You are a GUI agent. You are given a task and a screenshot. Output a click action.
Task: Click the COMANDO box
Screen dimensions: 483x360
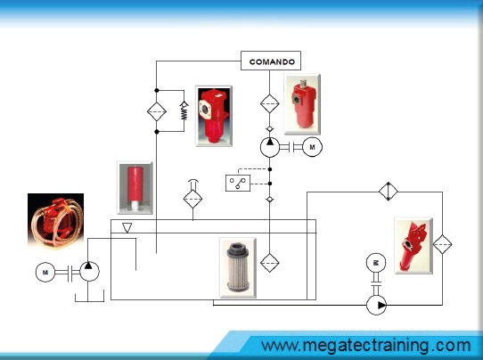(270, 61)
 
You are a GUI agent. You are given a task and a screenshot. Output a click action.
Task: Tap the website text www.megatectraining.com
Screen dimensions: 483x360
(366, 346)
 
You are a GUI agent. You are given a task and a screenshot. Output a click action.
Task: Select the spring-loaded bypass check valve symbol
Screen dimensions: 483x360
(184, 111)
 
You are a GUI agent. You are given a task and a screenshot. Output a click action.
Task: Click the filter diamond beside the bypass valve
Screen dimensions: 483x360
(157, 111)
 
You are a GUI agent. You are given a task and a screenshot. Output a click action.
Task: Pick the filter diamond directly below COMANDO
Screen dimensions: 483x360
(270, 103)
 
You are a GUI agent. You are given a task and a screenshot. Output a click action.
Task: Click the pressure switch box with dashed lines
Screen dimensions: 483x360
(238, 183)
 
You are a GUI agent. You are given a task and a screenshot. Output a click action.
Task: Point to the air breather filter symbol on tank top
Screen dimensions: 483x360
(192, 196)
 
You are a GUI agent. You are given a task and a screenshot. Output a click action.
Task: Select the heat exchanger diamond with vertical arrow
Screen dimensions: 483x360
(389, 192)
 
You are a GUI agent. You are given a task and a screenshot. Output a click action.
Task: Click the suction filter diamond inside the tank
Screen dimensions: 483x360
(269, 263)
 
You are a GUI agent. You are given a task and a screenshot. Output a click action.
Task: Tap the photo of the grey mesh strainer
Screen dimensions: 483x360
(238, 267)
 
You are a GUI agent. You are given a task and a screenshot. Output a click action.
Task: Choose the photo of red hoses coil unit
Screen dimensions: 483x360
(56, 220)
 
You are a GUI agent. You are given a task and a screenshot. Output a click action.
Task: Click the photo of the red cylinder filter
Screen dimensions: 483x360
(135, 187)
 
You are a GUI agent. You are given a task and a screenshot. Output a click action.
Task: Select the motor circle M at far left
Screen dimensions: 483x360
(45, 272)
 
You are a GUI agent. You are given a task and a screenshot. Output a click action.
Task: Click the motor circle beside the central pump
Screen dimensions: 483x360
(313, 147)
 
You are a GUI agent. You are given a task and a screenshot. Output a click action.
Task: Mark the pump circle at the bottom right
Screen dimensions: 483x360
(376, 305)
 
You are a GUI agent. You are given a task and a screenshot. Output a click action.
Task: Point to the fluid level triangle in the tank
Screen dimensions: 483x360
(127, 227)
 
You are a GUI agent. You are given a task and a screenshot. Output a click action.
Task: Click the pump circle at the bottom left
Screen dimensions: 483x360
(90, 271)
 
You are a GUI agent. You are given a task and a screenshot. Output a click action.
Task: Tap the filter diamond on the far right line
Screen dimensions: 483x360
(442, 244)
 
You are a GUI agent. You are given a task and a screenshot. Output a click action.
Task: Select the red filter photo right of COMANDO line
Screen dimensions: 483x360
(302, 104)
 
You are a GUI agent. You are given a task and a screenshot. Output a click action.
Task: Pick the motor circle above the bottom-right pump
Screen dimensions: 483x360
(376, 263)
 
